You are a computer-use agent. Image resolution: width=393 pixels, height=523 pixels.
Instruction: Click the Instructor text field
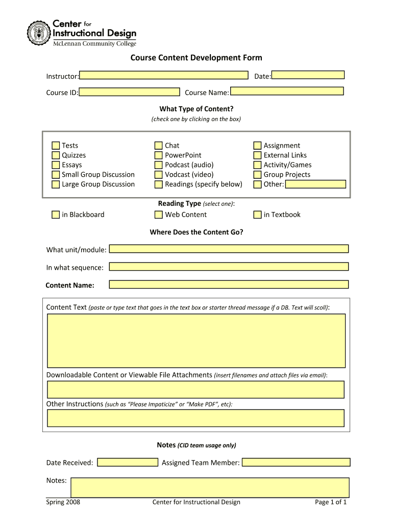click(164, 75)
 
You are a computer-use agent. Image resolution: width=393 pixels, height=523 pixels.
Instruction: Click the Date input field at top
click(308, 75)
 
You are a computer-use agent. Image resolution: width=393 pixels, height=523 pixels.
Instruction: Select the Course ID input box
click(130, 92)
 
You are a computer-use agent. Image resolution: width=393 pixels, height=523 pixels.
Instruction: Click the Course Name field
click(286, 91)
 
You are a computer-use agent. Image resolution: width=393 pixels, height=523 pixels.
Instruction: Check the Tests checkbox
click(56, 146)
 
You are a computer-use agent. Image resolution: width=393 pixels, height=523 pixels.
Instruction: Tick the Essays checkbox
click(56, 165)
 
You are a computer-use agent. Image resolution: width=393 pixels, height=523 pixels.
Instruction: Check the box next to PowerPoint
click(159, 155)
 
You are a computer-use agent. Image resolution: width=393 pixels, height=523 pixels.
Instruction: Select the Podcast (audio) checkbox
click(159, 165)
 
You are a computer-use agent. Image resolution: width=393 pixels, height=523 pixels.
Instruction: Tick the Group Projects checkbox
click(257, 175)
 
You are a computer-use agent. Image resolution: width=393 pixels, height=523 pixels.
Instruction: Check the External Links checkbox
click(257, 155)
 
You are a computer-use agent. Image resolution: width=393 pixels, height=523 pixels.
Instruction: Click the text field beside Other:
click(315, 184)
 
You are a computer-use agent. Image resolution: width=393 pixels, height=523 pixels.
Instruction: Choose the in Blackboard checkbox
click(56, 215)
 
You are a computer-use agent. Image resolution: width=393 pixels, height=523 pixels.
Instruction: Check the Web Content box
click(159, 215)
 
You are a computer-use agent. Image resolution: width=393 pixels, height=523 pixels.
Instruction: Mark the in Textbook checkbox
click(257, 215)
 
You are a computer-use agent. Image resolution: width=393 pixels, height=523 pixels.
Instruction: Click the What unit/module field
click(229, 249)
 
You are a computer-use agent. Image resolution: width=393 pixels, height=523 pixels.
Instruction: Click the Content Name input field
click(229, 284)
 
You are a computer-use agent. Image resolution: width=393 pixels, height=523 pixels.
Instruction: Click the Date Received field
click(128, 462)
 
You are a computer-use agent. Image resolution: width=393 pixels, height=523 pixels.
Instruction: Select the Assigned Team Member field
click(296, 462)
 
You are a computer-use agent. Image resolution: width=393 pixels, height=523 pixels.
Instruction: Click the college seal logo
click(39, 34)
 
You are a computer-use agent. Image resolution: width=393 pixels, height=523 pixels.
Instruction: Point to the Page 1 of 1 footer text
click(331, 502)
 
